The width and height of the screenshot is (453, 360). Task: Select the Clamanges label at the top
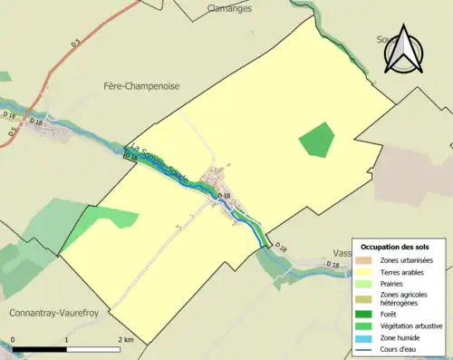point(227,7)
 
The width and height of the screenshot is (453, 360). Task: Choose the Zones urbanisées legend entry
point(407,260)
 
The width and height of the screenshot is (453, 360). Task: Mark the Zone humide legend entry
point(400,336)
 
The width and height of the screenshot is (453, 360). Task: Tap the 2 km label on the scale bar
point(124,340)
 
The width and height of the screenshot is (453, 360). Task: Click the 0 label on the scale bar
point(14,340)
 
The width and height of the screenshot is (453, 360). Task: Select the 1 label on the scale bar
point(66,340)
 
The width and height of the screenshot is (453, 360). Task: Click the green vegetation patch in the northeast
point(316,139)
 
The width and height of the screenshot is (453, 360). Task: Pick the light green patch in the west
point(115,218)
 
